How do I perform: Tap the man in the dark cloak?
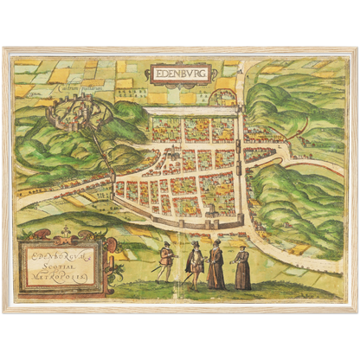point(196,263)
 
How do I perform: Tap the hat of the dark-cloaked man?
point(196,244)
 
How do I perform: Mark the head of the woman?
point(242,250)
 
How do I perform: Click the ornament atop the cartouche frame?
point(66,232)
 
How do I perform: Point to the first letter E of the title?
point(156,74)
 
